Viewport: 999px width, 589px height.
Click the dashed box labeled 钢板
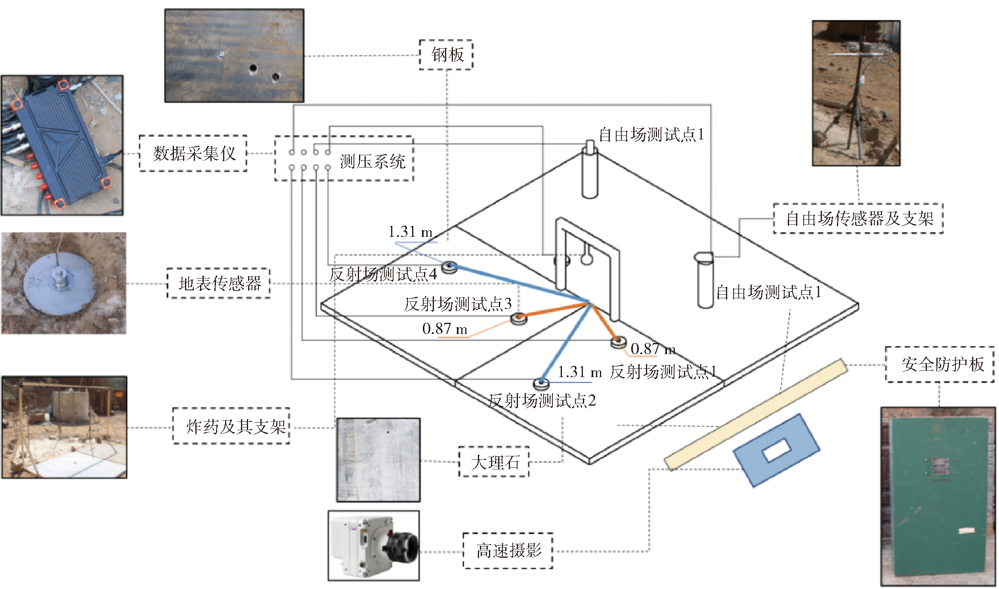click(446, 55)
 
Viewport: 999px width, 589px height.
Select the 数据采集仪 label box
click(193, 154)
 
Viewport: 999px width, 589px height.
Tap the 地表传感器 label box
click(219, 283)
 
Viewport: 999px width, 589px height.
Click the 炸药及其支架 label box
click(231, 426)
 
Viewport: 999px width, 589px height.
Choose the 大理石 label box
click(494, 462)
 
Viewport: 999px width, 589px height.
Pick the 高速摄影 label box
click(508, 551)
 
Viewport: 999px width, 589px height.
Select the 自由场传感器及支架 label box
click(858, 219)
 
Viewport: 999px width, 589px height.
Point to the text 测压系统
click(372, 162)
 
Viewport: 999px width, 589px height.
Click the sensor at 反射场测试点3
click(518, 318)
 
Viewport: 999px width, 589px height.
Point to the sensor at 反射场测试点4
click(449, 267)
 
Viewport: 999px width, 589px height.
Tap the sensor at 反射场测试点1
click(618, 342)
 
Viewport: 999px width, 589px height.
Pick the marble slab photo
click(378, 460)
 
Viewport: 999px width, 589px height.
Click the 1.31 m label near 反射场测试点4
click(410, 232)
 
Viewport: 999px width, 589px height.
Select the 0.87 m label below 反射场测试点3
click(445, 329)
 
